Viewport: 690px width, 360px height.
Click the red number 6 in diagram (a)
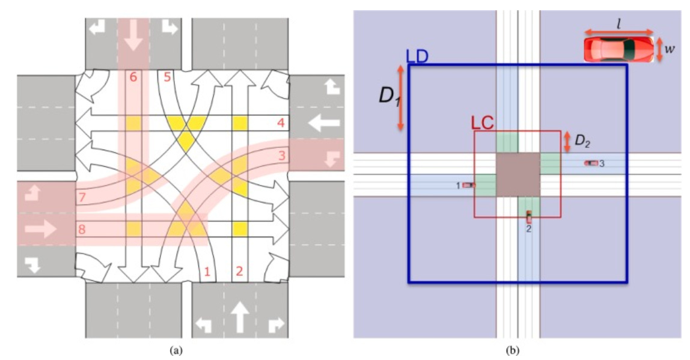[x=133, y=78]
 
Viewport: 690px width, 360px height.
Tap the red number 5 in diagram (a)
[x=167, y=78]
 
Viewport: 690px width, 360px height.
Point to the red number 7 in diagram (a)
[x=81, y=197]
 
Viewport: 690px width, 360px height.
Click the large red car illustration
[x=618, y=49]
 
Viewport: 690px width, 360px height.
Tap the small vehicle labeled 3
[x=591, y=163]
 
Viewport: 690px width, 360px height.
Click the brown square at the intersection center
[x=517, y=174]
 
